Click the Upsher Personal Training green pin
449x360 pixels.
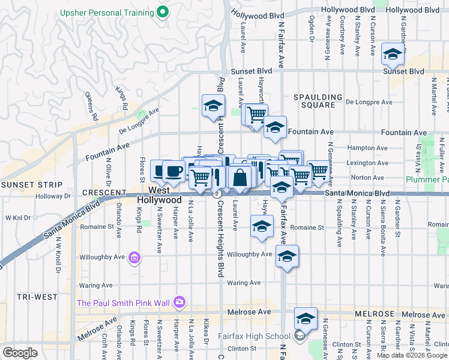pos(161,12)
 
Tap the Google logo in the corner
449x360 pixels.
pos(20,352)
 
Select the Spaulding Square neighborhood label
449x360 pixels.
pos(318,101)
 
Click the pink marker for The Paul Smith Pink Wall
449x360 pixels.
pos(179,302)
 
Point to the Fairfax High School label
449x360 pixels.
pos(262,336)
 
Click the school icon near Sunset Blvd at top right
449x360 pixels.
pos(393,56)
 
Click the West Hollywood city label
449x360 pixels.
pos(159,194)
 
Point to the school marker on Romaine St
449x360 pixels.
pos(262,227)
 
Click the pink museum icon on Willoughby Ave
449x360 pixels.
pos(135,257)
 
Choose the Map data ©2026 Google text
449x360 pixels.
pos(412,355)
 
